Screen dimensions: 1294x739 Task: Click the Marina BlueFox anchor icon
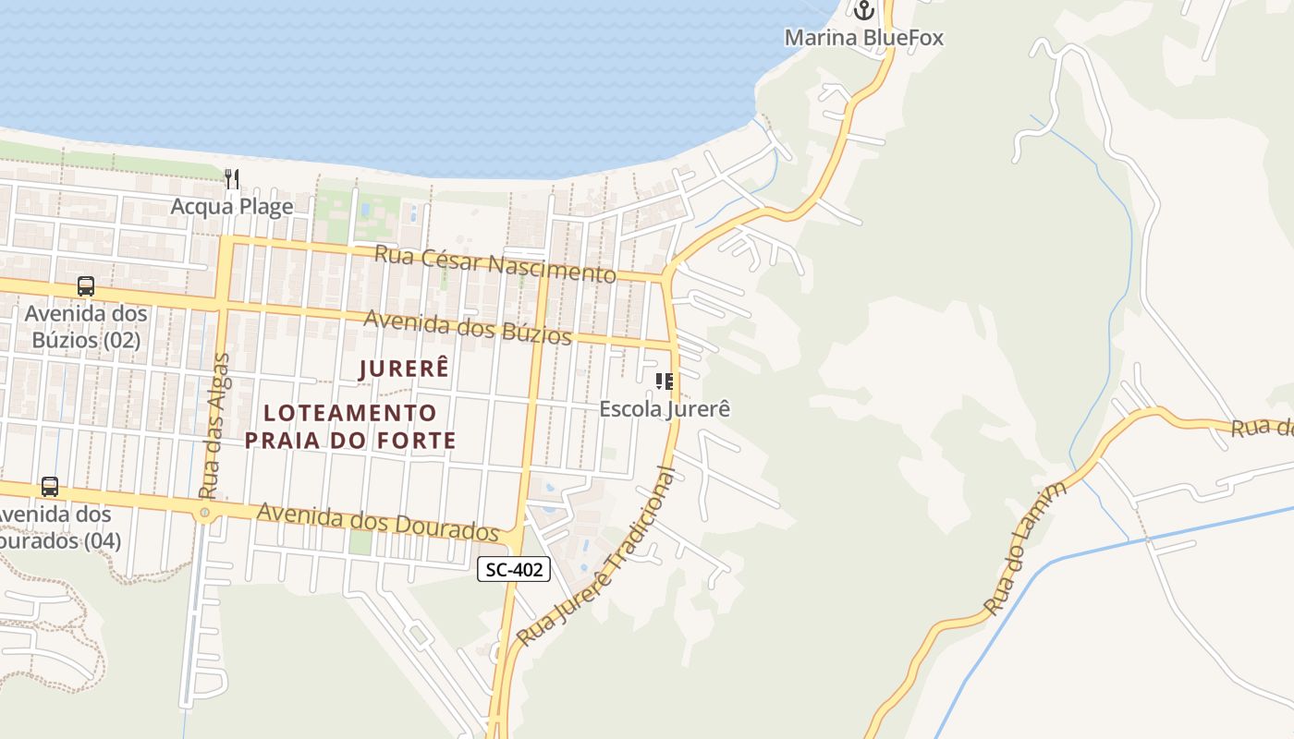863,11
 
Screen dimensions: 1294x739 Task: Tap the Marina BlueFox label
863,38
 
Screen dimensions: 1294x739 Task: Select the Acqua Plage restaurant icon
232,178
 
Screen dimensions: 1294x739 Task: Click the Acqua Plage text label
232,206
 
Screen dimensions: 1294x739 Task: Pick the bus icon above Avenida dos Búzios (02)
86,286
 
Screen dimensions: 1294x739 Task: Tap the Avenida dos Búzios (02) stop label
86,327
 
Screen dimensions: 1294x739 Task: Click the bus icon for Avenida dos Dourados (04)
50,486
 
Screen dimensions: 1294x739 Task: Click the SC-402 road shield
514,569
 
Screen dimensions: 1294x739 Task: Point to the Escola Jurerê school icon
664,381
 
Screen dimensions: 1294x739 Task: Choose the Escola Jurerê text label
665,408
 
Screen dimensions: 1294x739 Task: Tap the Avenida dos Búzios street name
467,327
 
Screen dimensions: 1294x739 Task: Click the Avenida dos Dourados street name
378,522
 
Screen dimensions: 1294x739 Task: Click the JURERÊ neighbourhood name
405,369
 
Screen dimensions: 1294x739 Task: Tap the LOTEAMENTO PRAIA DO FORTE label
350,426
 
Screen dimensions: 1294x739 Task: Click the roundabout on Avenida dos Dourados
204,512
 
